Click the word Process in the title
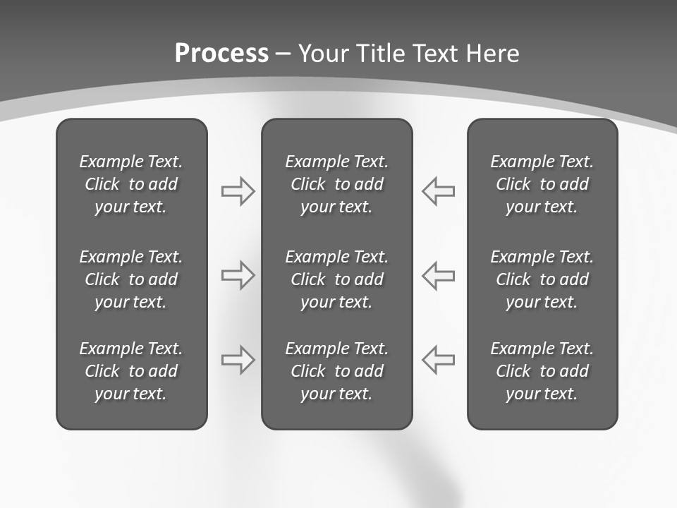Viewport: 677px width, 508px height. tap(221, 54)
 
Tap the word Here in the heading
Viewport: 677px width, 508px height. tap(492, 54)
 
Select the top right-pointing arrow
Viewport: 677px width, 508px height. tap(238, 191)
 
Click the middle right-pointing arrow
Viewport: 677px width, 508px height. tap(238, 275)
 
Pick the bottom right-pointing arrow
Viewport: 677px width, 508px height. tap(238, 360)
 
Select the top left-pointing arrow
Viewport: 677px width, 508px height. tap(439, 191)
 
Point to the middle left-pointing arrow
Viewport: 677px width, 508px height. tap(439, 275)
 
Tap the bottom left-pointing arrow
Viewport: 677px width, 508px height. tap(439, 360)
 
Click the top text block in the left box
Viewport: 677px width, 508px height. tap(131, 184)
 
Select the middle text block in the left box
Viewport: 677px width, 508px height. tap(131, 279)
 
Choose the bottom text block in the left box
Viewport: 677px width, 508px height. tap(131, 371)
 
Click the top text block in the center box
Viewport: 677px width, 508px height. tap(336, 184)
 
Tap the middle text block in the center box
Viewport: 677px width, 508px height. tap(336, 279)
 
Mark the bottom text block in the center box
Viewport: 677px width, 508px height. tap(336, 371)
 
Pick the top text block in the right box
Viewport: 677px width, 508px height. tap(542, 184)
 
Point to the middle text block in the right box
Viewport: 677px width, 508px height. tap(542, 279)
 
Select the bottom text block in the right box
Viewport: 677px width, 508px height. tap(542, 371)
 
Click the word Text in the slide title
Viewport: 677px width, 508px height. tap(435, 54)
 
